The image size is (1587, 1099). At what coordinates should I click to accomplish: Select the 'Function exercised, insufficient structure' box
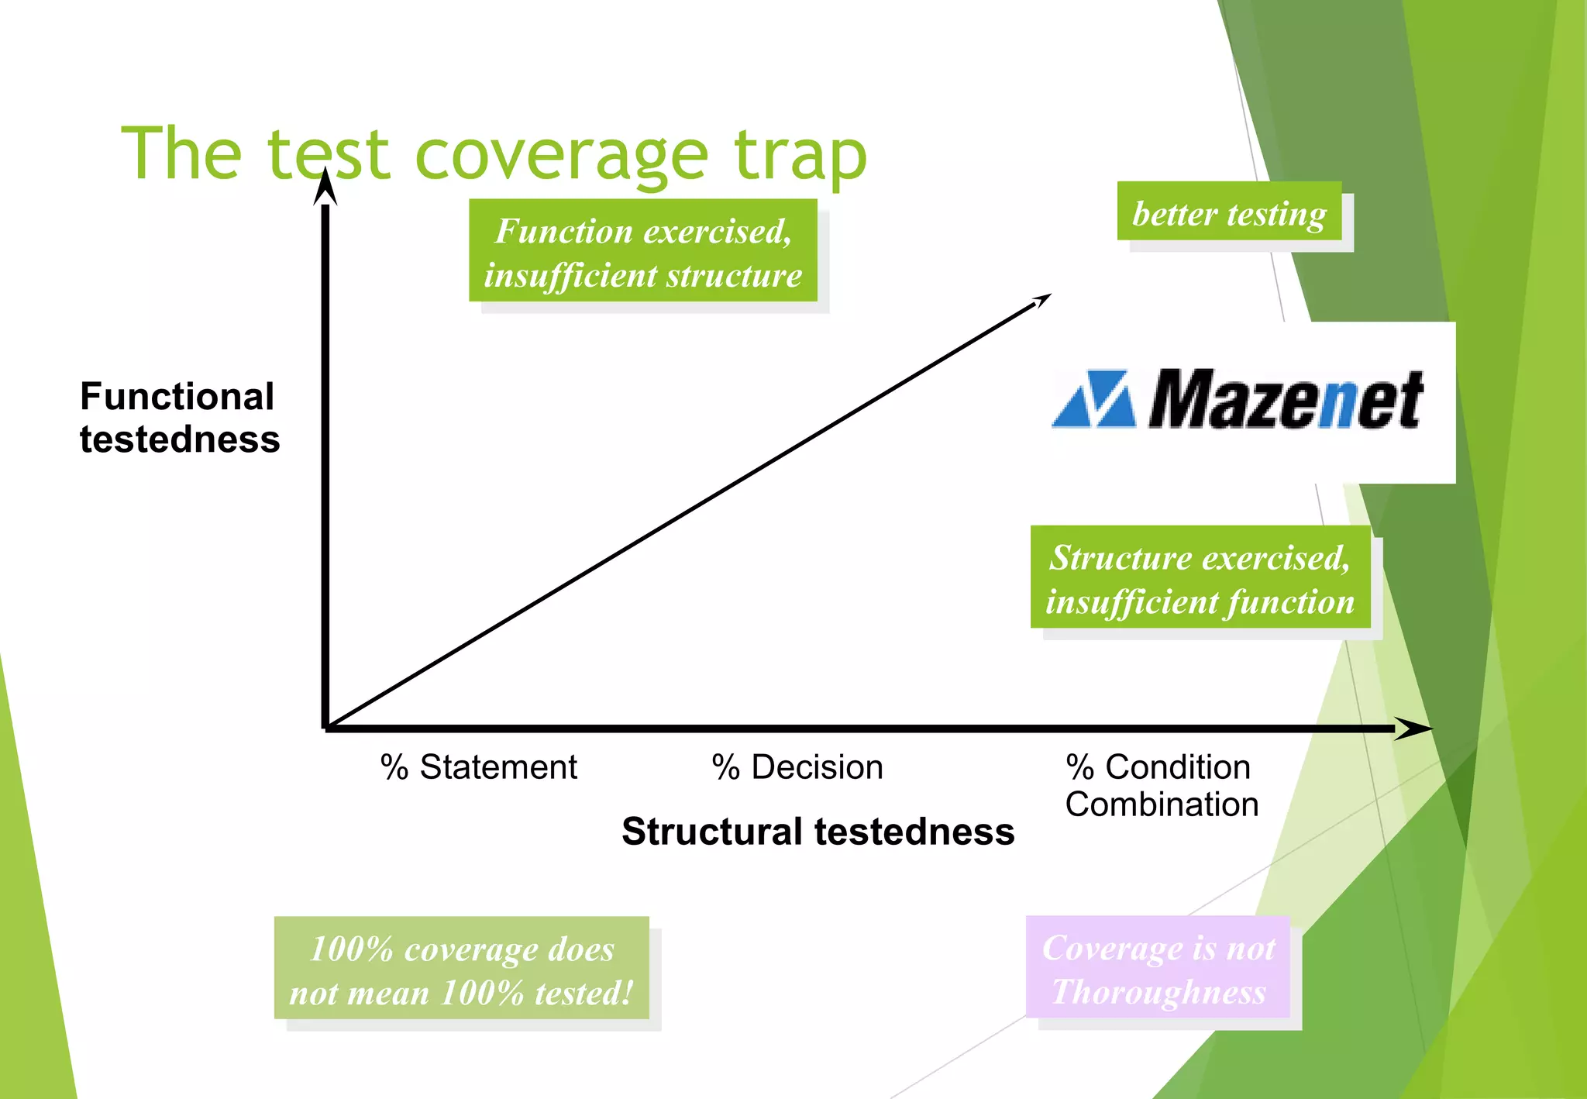pos(642,251)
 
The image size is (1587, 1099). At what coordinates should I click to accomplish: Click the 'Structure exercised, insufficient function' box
pos(1200,577)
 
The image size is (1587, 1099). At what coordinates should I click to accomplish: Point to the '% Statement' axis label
pos(478,767)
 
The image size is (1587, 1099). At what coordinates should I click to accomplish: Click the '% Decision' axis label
pos(797,767)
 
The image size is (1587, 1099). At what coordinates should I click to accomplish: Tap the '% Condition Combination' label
pos(1160,785)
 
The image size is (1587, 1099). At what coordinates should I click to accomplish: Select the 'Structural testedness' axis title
pos(818,832)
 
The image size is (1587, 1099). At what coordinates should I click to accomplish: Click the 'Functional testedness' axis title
pos(179,418)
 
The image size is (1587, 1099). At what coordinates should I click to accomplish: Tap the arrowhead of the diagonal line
pos(1043,299)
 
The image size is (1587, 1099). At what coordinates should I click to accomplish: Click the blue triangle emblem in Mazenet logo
pos(1094,399)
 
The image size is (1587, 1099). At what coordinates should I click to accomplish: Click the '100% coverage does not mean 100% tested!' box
pos(461,969)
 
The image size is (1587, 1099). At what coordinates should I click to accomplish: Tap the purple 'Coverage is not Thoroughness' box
pos(1158,968)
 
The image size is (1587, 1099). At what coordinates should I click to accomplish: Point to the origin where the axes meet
pos(326,727)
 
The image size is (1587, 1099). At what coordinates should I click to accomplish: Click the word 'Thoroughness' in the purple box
pos(1158,992)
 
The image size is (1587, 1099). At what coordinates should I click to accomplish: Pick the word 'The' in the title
pos(181,155)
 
